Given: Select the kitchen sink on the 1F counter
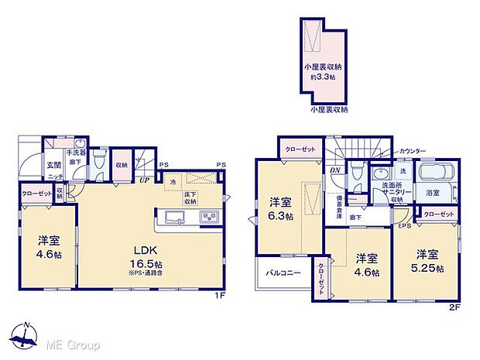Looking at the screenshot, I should (x=172, y=215).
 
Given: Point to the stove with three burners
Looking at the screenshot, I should (x=210, y=215).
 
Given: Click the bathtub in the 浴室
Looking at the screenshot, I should (x=429, y=170).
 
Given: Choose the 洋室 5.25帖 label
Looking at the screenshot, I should (x=428, y=261).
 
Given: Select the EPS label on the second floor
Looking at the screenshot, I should (x=404, y=227).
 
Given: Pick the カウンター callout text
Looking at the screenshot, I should (x=395, y=151).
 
